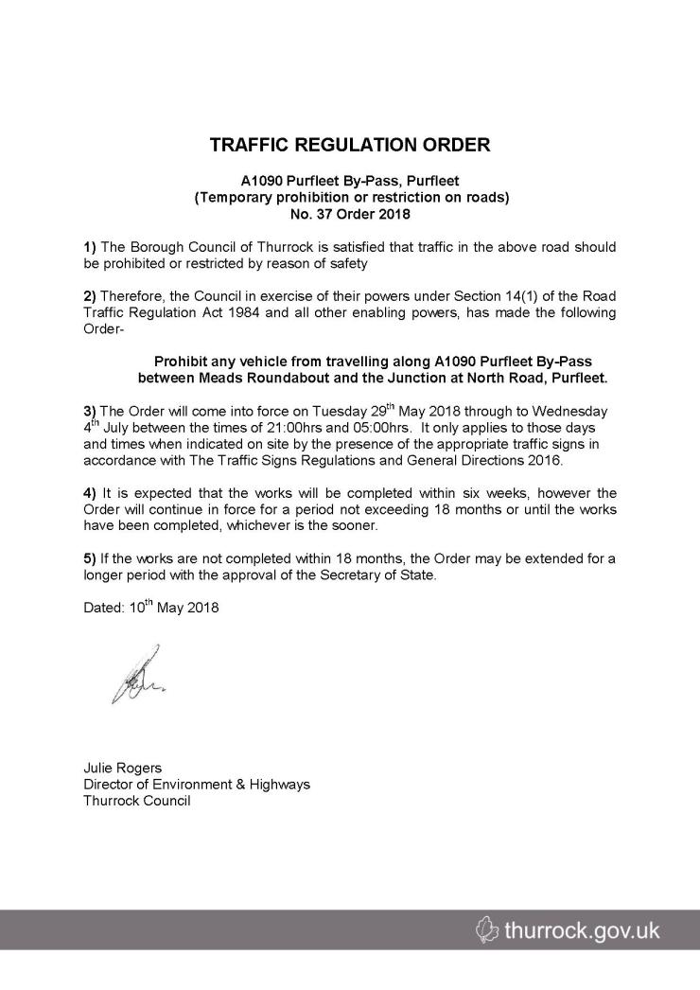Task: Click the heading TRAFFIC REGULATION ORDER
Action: [350, 146]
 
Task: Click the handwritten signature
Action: [136, 675]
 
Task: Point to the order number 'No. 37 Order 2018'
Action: [350, 213]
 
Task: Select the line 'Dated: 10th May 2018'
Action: [150, 609]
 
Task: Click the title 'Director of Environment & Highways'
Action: [197, 785]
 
